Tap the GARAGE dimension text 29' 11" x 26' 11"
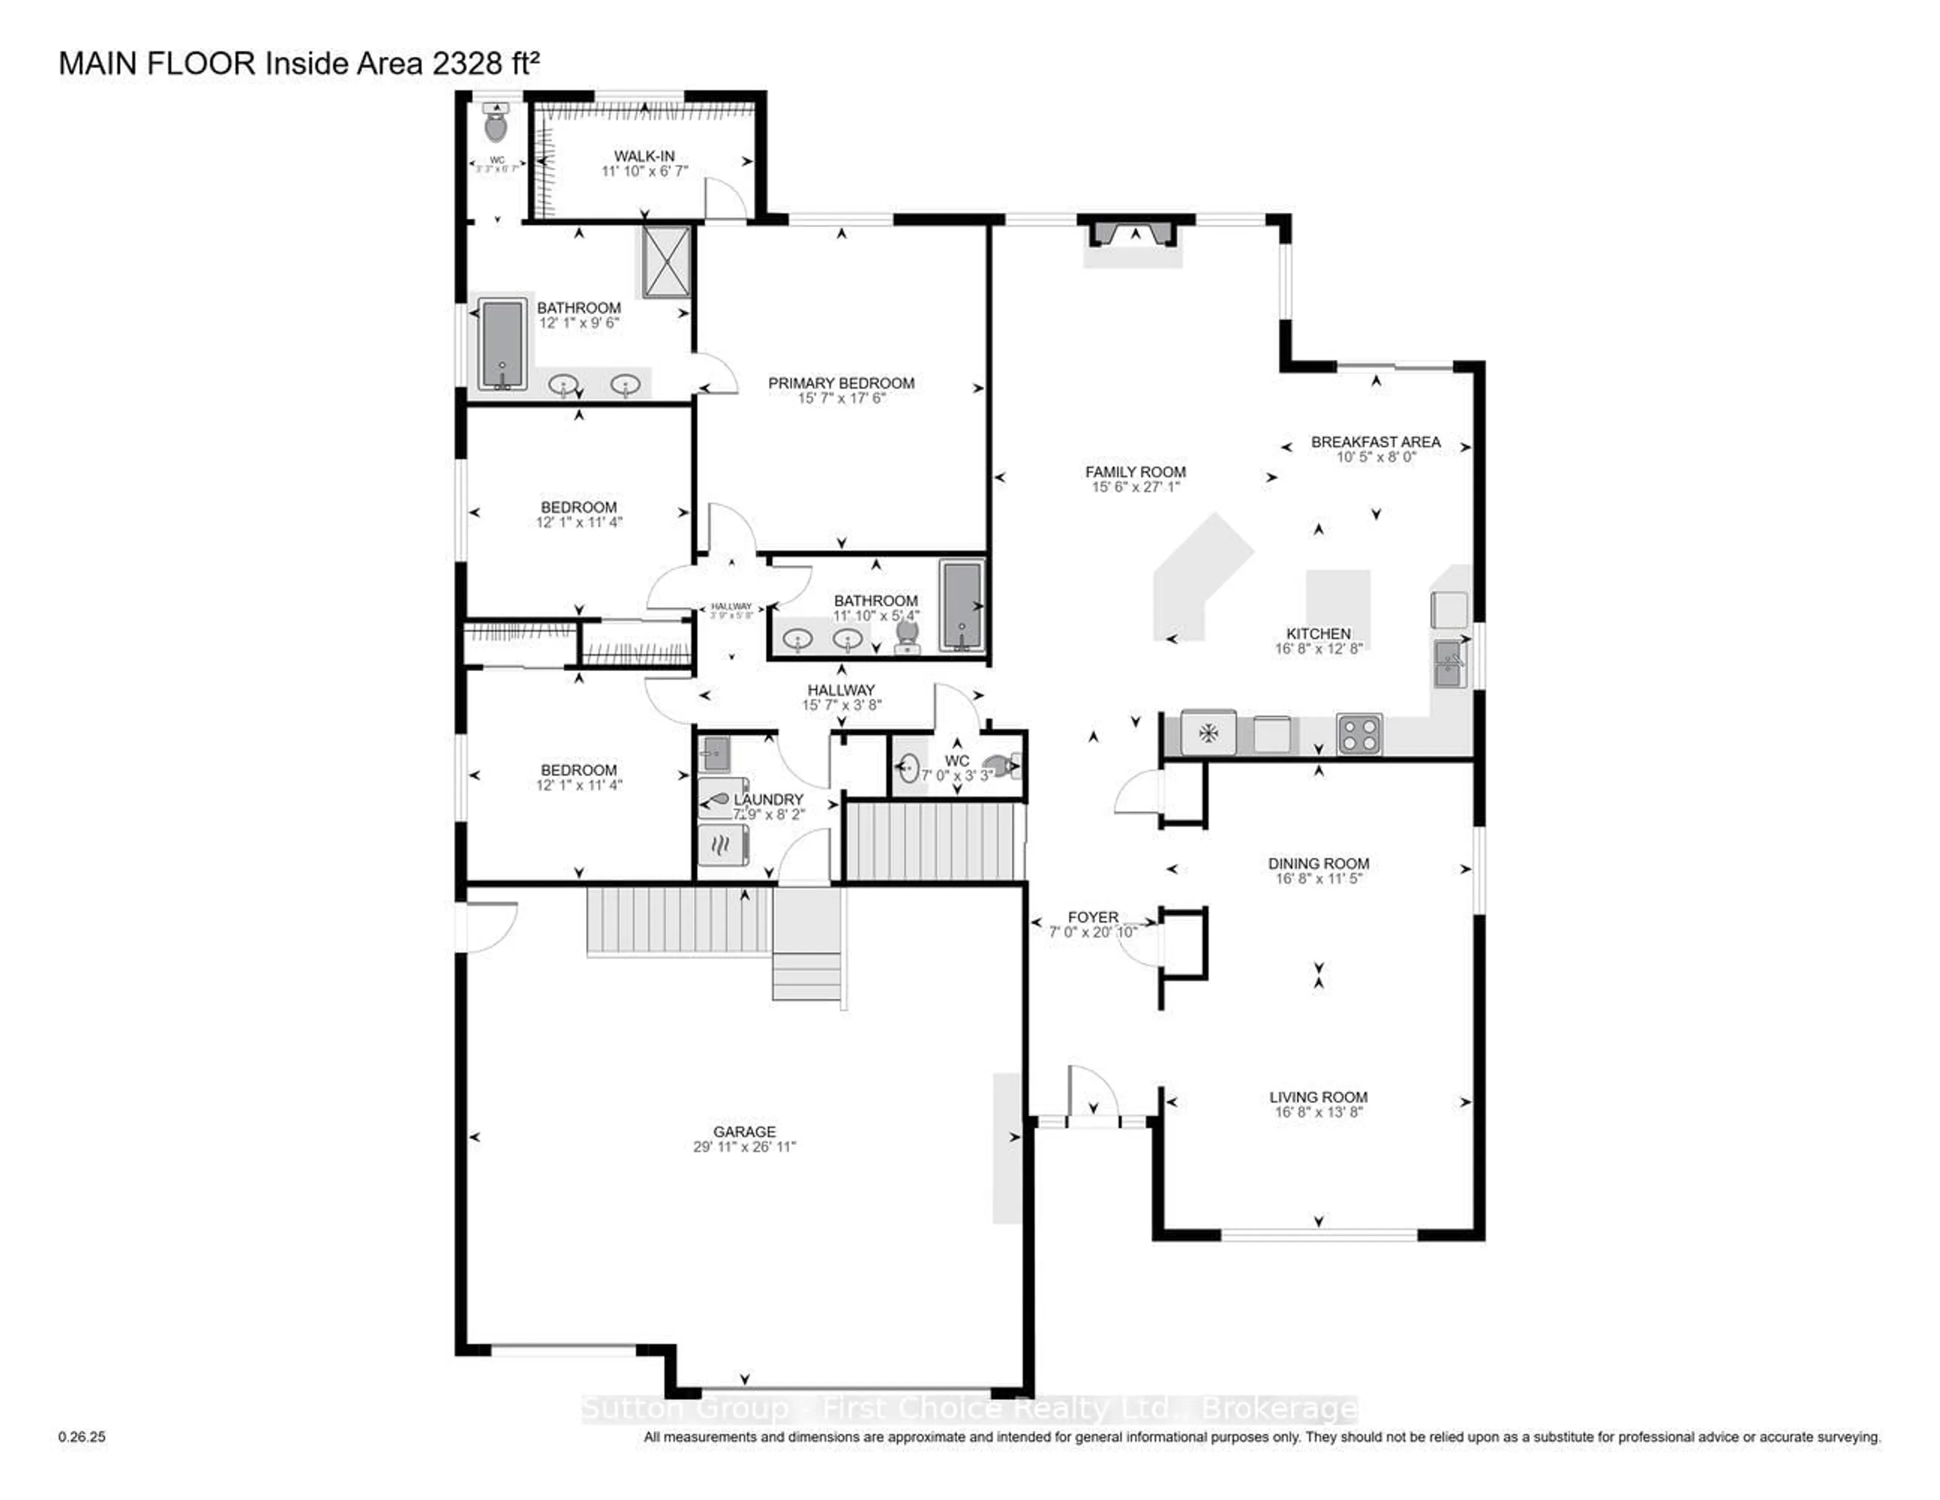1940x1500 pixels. tap(744, 1146)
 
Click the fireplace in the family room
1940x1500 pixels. tap(1134, 233)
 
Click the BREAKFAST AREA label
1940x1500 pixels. tap(1375, 442)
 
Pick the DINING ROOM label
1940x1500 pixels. tap(1318, 863)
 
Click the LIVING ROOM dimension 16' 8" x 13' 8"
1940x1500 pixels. tap(1318, 1112)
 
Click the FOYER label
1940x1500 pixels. tap(1093, 916)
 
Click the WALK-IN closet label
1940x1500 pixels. tap(644, 156)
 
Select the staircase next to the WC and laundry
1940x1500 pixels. tap(933, 840)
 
